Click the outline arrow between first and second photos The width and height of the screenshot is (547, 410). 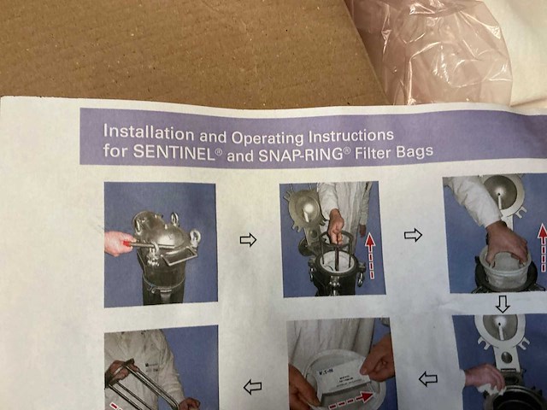point(248,240)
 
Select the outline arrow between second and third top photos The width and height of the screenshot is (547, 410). point(413,234)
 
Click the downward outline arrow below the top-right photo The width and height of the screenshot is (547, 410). point(503,303)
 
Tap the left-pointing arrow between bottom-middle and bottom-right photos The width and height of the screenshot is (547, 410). point(427,378)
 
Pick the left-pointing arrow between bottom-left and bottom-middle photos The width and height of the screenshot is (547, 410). point(252,387)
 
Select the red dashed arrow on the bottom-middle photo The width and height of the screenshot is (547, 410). point(350,398)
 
